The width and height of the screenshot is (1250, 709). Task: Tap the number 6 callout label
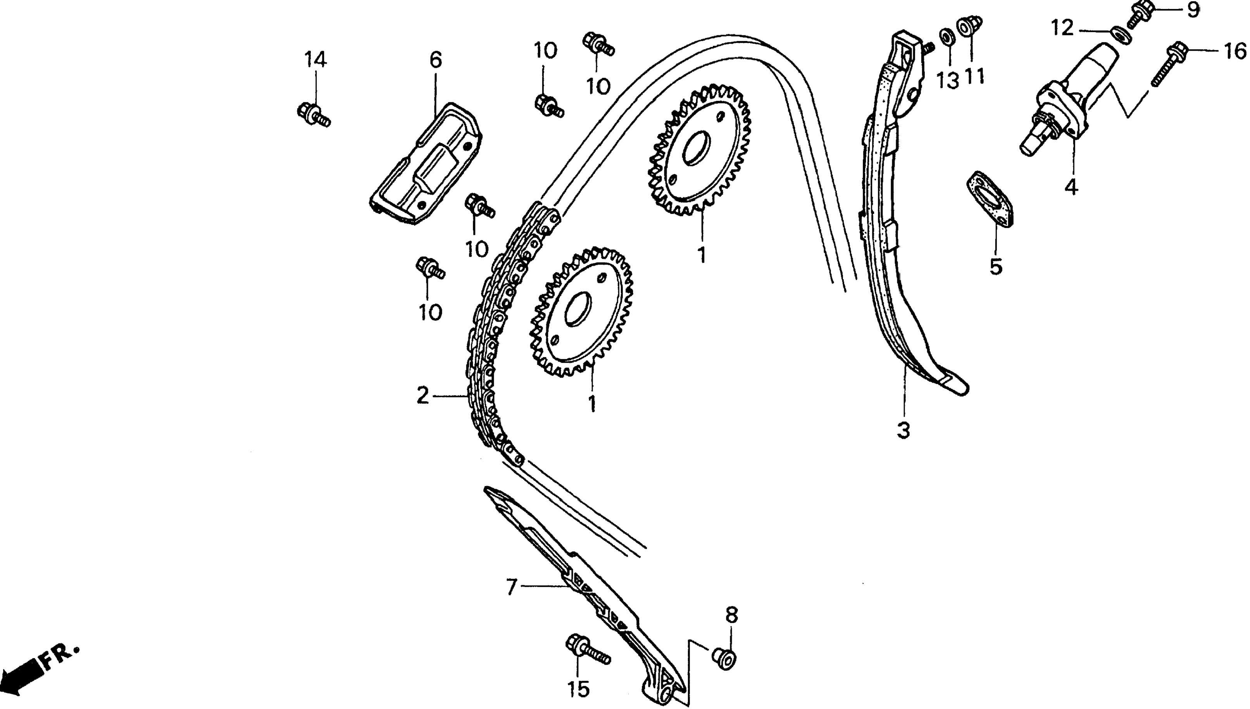[x=436, y=60]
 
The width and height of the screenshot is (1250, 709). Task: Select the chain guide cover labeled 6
[x=426, y=163]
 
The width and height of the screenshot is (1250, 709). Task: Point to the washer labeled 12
[x=1121, y=35]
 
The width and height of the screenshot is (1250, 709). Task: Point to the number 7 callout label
[x=510, y=587]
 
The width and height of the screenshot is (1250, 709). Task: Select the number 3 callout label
[x=903, y=430]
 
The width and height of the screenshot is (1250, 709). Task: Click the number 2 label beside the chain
[x=423, y=396]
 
